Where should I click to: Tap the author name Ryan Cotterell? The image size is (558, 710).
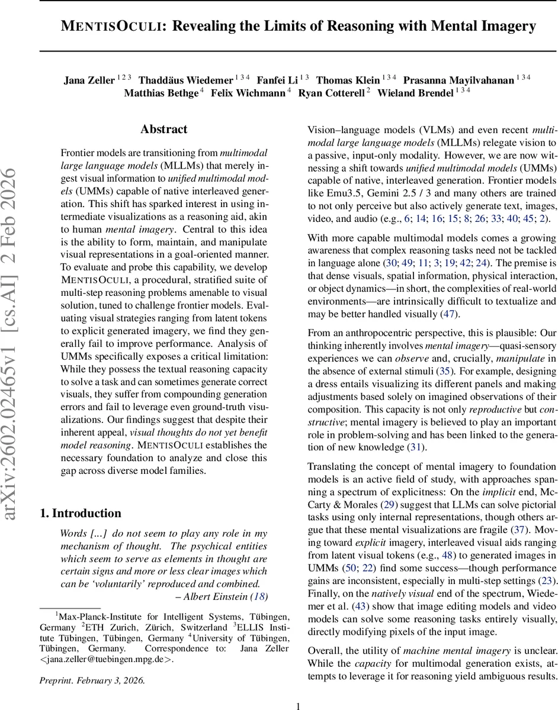point(332,93)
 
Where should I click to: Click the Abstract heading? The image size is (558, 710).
point(163,129)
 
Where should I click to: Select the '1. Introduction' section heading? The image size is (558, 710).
point(81,513)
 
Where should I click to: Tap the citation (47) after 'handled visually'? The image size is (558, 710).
point(448,314)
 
